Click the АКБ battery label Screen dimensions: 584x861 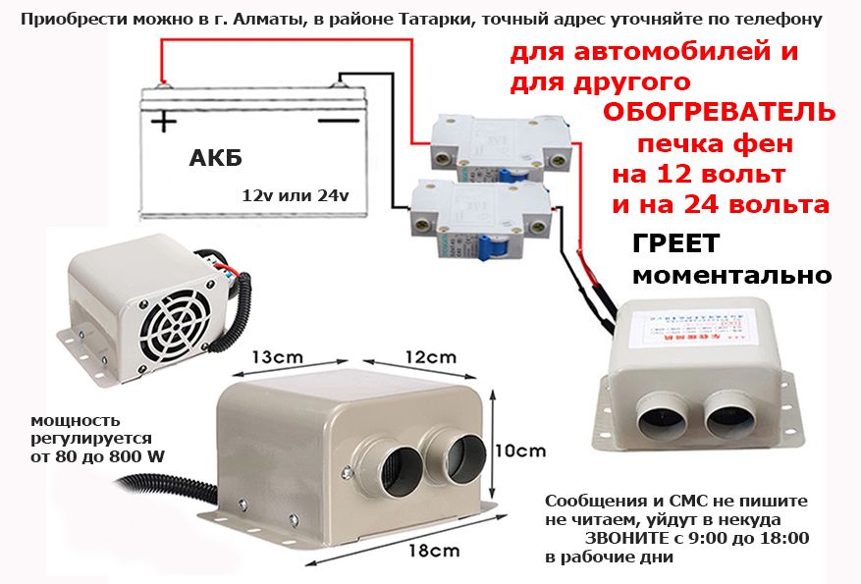[214, 160]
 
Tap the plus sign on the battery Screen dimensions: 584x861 [163, 122]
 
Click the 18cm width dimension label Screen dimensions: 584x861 [433, 550]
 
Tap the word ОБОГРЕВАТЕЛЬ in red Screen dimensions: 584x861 [719, 111]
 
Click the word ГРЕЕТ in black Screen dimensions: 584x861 [675, 242]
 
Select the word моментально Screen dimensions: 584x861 [732, 275]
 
